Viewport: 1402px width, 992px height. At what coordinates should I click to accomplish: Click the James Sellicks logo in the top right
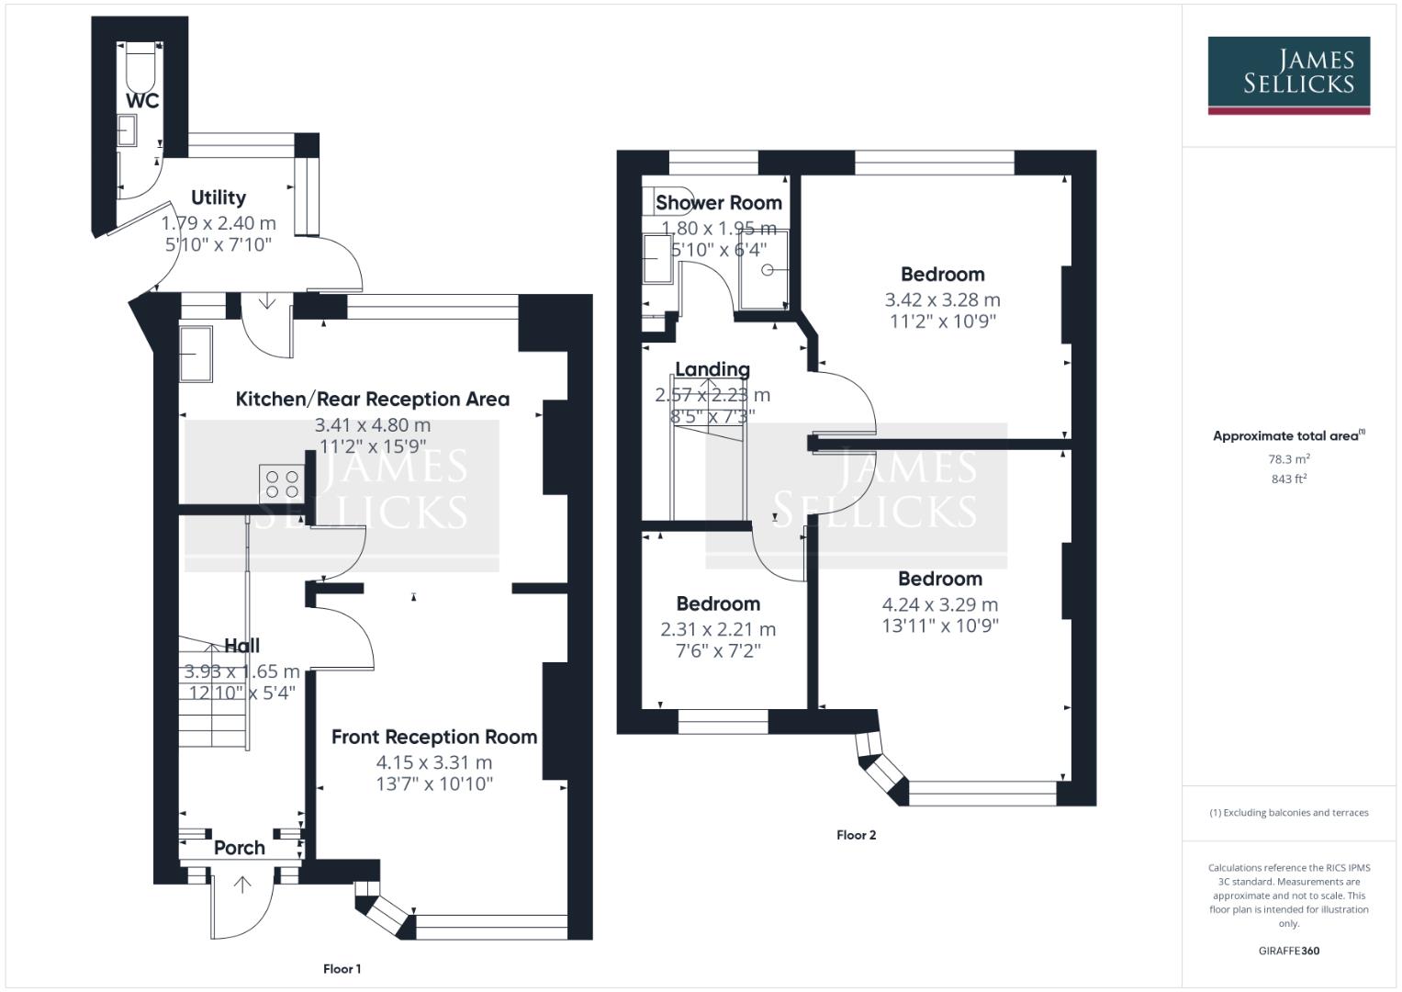(x=1288, y=73)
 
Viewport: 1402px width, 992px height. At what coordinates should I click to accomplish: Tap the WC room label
(x=142, y=101)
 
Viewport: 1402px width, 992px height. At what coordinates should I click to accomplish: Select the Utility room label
(x=219, y=197)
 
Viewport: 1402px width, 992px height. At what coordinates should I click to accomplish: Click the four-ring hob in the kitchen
(x=282, y=483)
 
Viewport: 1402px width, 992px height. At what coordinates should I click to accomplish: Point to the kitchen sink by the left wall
(x=195, y=353)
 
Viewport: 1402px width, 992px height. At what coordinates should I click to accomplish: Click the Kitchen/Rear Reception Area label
(x=372, y=400)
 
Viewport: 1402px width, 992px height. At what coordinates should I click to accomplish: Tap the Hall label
(x=241, y=646)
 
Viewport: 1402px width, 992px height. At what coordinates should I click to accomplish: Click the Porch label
(x=240, y=848)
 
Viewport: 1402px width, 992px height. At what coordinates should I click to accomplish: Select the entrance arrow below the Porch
(x=242, y=885)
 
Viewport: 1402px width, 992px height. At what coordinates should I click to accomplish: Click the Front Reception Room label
(x=434, y=737)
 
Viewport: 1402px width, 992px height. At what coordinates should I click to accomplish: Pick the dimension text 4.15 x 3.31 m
(x=434, y=762)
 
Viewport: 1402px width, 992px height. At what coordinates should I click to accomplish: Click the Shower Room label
(x=719, y=203)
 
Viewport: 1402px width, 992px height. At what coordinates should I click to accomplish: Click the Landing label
(x=712, y=369)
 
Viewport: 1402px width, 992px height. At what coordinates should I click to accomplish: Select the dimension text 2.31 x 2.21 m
(x=718, y=629)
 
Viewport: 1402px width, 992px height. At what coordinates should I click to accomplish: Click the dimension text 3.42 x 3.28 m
(x=942, y=299)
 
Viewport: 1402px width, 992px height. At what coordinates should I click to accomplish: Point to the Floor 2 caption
(x=856, y=835)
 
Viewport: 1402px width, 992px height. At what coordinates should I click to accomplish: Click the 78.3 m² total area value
(x=1288, y=458)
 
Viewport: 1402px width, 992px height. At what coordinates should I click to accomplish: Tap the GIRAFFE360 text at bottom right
(x=1288, y=951)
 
